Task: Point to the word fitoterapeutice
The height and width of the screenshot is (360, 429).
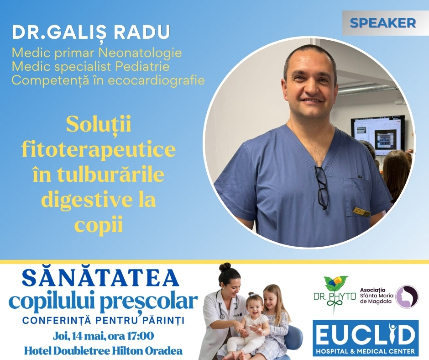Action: point(99,150)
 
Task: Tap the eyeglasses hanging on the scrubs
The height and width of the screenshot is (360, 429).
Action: point(321,188)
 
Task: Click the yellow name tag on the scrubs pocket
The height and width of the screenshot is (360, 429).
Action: point(361,211)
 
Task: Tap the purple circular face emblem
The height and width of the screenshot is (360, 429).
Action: point(407,296)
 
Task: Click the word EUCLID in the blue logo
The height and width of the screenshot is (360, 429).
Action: point(365,336)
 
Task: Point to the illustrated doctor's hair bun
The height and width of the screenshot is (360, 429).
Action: point(225,267)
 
